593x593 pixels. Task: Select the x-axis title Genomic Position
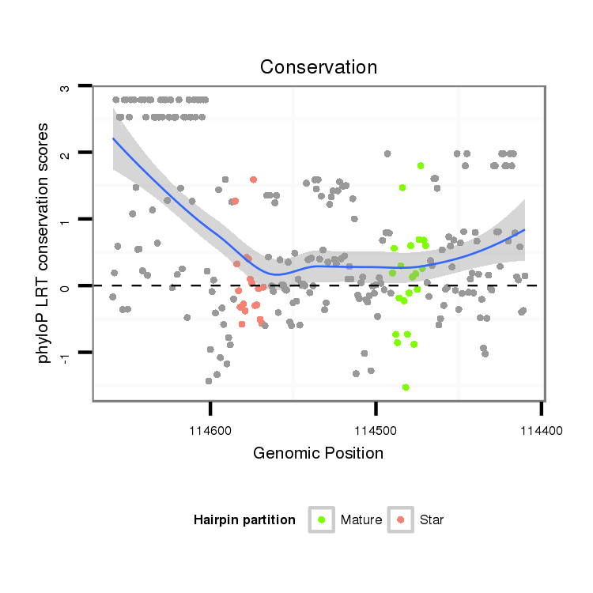point(318,453)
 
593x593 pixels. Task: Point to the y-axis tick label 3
point(66,86)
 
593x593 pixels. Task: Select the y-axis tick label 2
point(66,153)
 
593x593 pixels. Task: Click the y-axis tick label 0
point(66,286)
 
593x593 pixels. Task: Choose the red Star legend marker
point(401,519)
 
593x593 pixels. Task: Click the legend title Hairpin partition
point(244,520)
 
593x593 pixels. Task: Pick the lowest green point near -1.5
point(406,387)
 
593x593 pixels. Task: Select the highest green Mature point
point(421,165)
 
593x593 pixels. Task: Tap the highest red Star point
point(253,179)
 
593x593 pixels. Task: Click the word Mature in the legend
point(361,520)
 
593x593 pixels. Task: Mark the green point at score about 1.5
point(402,187)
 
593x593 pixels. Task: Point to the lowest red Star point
point(242,324)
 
